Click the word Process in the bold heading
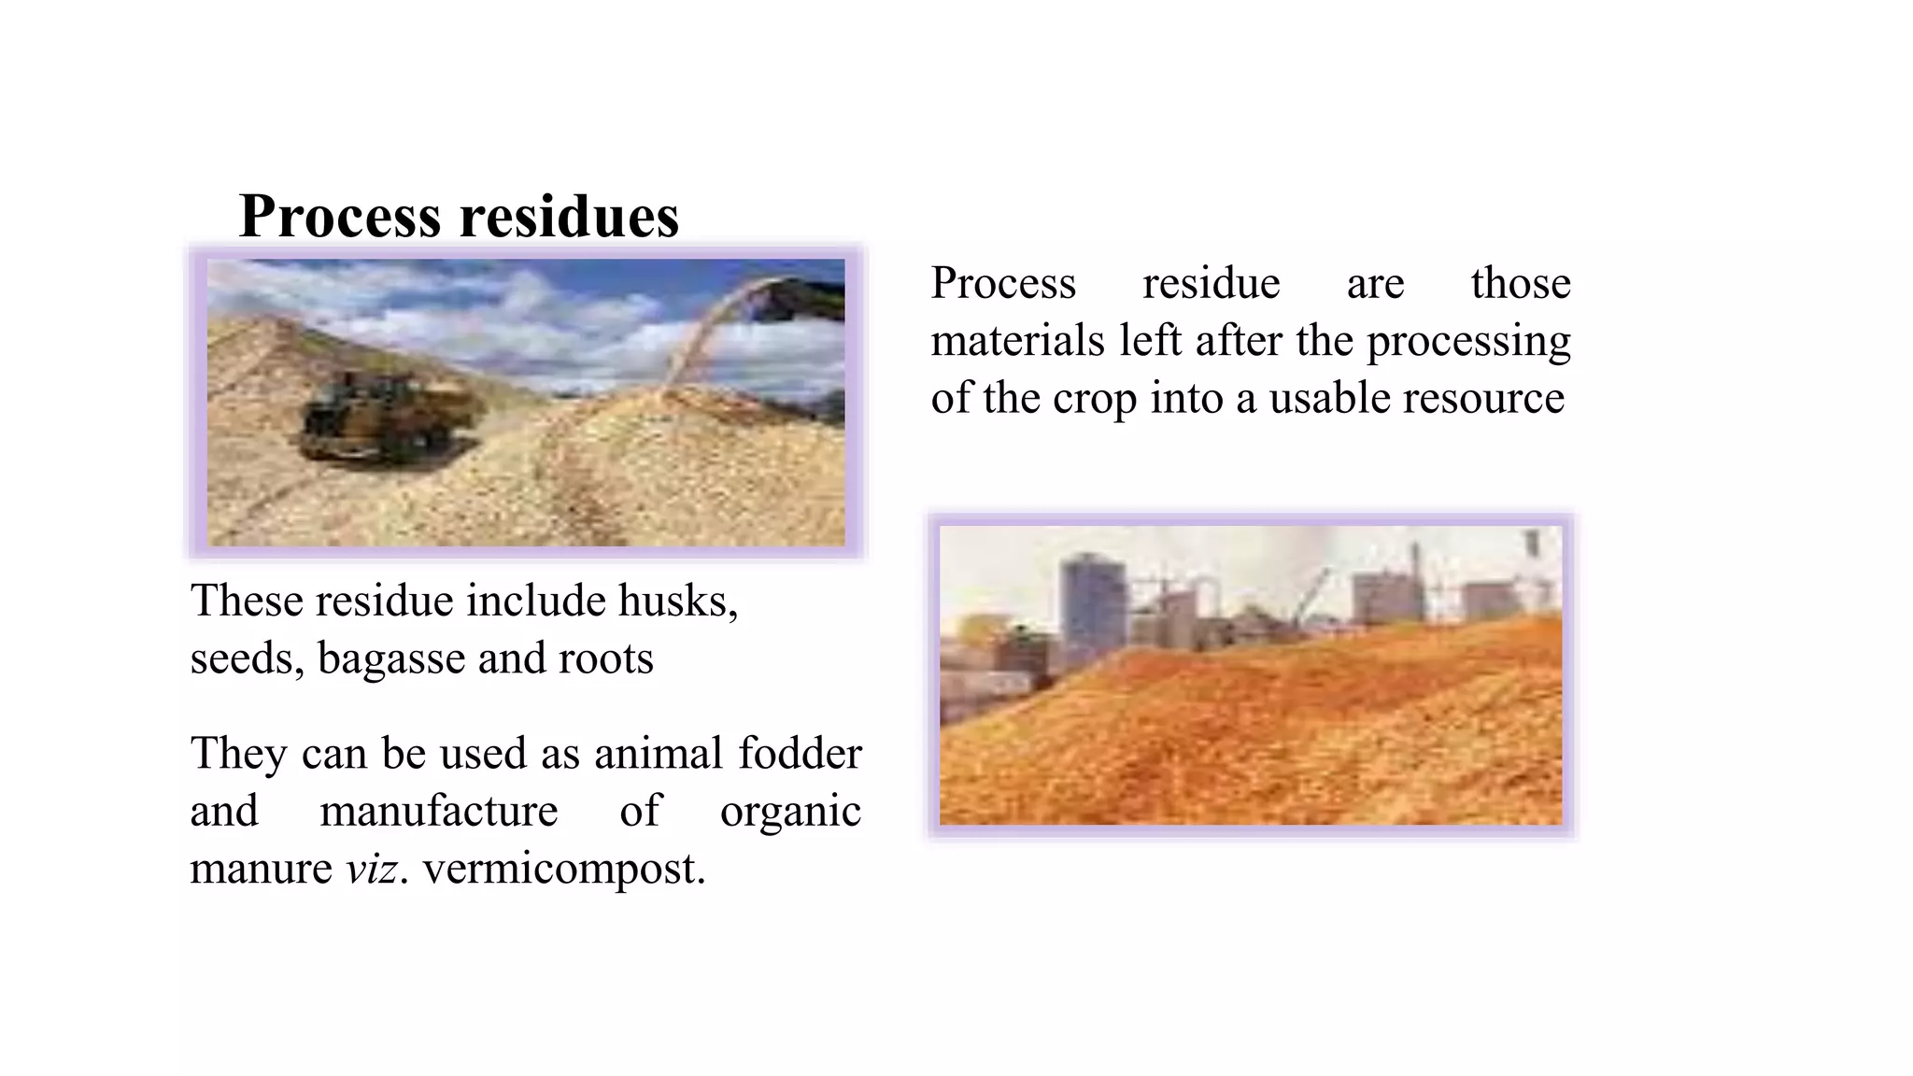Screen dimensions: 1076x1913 click(x=339, y=216)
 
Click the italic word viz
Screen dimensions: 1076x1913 click(x=373, y=869)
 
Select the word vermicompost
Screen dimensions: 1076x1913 click(x=563, y=869)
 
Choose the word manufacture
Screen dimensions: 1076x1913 click(x=439, y=811)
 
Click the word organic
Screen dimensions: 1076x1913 click(x=790, y=811)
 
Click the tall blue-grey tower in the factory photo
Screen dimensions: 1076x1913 click(x=1091, y=607)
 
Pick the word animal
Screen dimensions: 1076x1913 click(x=658, y=753)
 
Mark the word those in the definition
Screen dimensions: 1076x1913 click(x=1520, y=283)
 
